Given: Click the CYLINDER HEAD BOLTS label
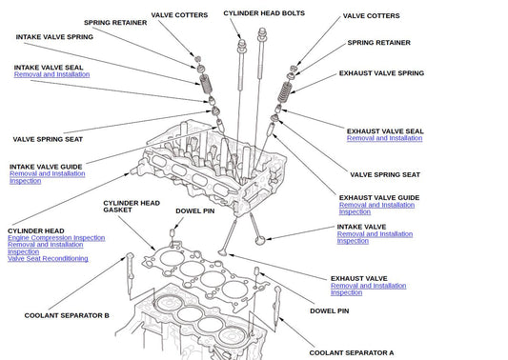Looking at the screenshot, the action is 264,13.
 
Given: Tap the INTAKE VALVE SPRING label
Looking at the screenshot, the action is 54,37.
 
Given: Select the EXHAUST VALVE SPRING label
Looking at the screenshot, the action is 381,73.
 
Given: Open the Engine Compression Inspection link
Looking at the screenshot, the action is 56,238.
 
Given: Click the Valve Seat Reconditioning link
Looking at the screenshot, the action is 48,259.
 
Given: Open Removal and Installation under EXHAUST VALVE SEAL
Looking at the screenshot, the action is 384,138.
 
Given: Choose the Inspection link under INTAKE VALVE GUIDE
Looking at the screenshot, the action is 26,181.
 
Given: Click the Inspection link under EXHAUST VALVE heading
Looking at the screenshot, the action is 346,292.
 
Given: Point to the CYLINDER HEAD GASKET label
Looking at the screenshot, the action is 132,207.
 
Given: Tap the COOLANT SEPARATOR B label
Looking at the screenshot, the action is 67,315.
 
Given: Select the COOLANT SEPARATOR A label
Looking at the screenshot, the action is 352,353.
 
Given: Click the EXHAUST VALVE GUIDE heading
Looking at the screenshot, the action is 379,198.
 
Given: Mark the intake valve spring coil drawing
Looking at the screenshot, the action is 206,84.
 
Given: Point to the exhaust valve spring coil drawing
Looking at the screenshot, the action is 285,92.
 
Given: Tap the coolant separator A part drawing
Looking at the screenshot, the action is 277,306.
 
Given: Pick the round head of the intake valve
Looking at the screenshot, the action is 259,241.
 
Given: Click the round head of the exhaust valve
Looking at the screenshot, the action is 223,251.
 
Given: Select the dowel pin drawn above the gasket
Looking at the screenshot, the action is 173,232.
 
